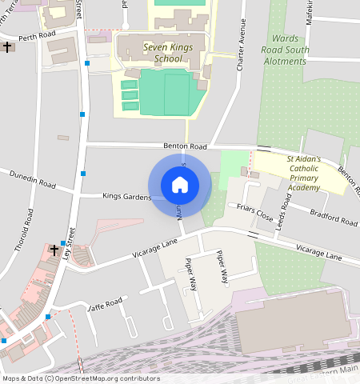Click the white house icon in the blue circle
pos(180,185)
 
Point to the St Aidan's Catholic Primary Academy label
pos(303,174)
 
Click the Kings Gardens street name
pos(126,195)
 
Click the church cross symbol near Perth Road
pos(8,47)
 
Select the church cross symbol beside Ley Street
pos(54,250)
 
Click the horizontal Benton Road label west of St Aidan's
pos(185,146)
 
